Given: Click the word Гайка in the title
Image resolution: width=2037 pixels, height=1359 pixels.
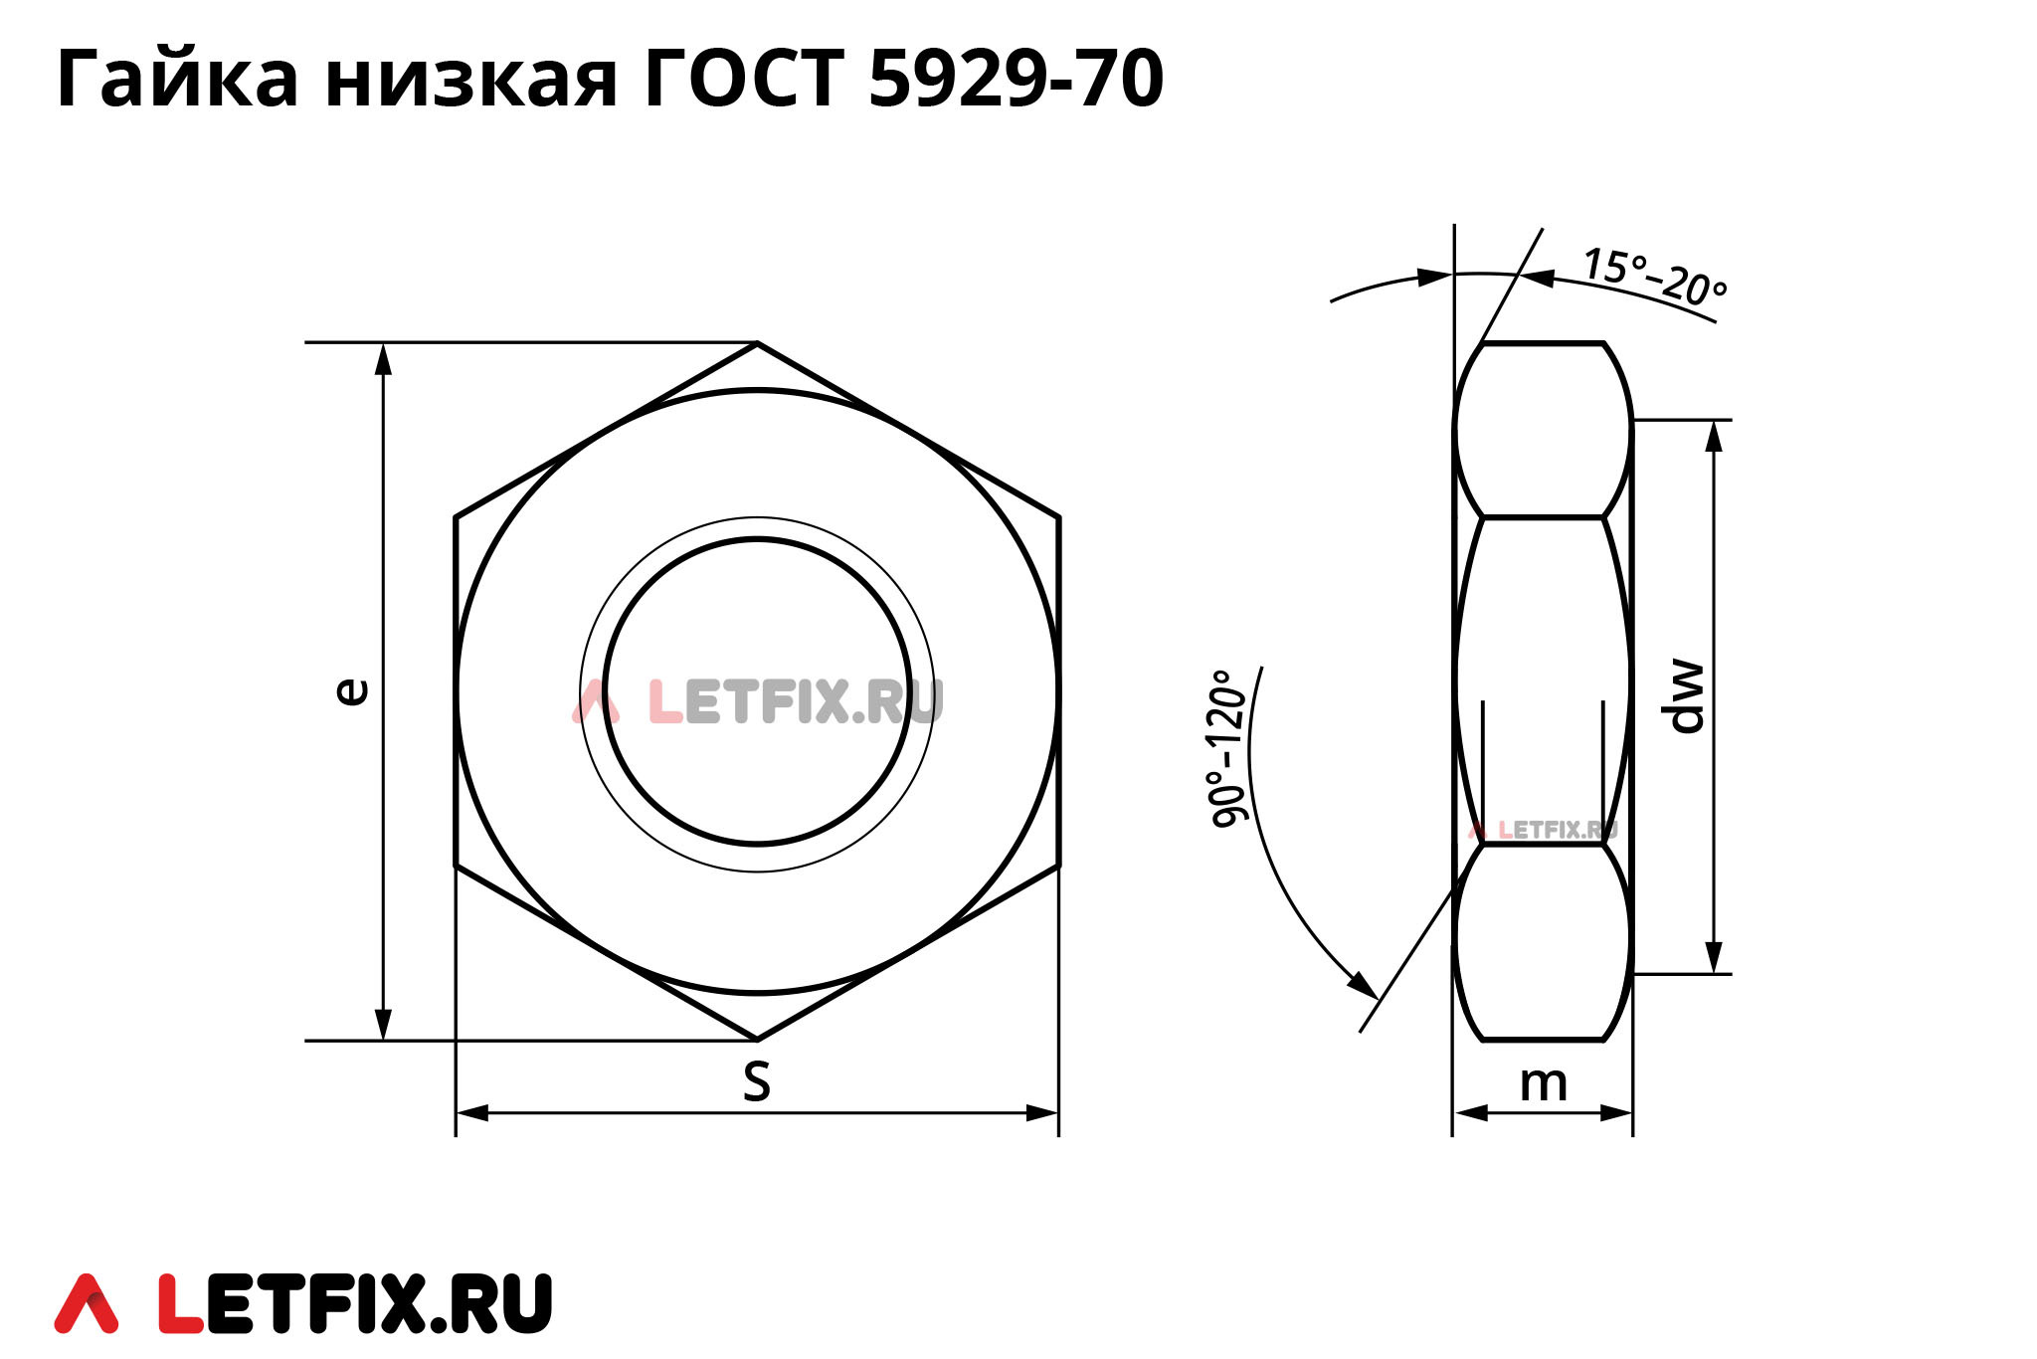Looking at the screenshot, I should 177,80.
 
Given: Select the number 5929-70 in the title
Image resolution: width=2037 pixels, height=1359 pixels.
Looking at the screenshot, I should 1015,80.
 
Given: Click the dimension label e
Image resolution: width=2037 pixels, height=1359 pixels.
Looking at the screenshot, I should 351,690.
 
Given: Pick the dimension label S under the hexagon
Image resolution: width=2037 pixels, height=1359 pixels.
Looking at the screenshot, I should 756,1081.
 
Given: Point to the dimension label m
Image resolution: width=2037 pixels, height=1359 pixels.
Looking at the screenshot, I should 1543,1083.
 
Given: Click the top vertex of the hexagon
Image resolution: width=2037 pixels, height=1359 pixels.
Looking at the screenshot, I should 757,343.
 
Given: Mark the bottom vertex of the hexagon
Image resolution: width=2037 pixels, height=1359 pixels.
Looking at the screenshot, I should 757,1040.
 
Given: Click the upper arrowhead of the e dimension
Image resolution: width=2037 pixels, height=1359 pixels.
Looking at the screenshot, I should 383,358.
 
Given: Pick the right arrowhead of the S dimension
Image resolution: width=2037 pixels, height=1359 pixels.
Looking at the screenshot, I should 1043,1112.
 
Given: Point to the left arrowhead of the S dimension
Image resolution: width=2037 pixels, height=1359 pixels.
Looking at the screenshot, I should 471,1112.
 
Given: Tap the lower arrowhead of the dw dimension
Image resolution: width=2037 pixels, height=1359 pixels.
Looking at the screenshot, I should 1714,958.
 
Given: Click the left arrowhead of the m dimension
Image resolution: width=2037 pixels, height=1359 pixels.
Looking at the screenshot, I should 1468,1112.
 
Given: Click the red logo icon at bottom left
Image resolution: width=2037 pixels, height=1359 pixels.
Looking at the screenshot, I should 87,1303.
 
